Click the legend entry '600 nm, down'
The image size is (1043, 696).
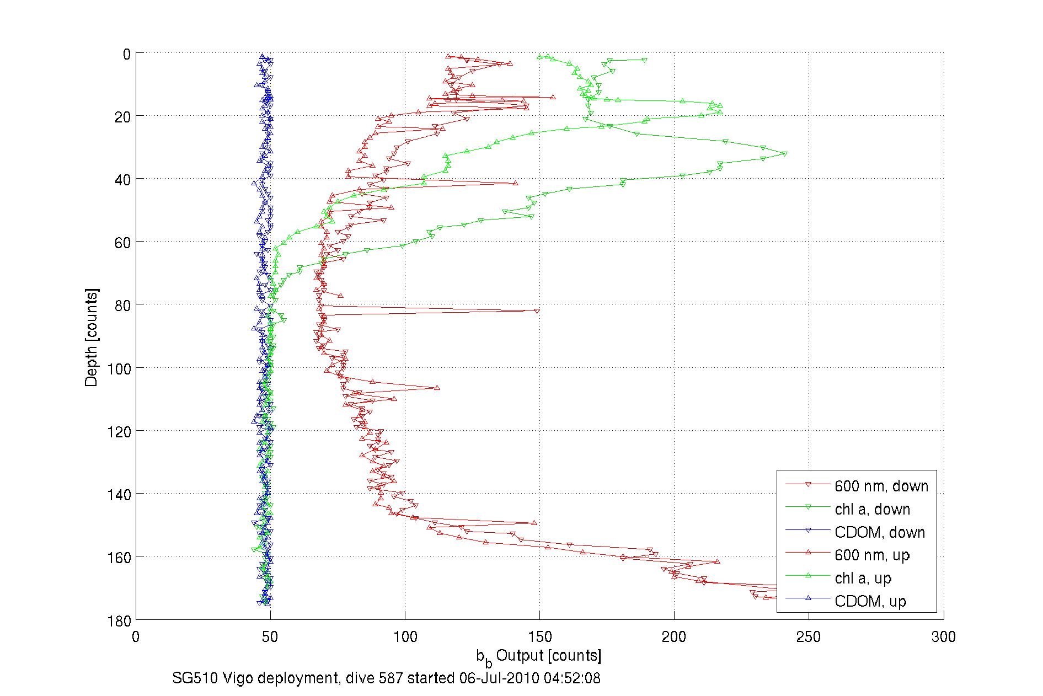coord(881,486)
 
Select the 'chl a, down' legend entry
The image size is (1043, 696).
coord(872,509)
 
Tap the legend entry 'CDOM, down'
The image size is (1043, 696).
coord(879,532)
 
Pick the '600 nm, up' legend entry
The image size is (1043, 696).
coord(871,555)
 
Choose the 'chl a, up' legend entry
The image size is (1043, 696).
coord(863,578)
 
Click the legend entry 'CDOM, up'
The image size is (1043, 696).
coord(870,601)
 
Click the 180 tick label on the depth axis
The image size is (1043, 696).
coord(119,620)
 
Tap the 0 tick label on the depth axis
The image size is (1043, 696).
coord(127,54)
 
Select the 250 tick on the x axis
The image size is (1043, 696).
coord(809,637)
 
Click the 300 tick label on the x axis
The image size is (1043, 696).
coord(943,637)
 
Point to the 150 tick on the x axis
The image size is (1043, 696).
coord(539,637)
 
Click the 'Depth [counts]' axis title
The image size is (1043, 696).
coord(92,337)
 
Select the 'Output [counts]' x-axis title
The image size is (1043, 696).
coord(548,655)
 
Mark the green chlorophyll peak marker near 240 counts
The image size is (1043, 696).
coord(784,154)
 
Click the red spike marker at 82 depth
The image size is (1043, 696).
coord(537,311)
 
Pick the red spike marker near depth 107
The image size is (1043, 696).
coord(437,388)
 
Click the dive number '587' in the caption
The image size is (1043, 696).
coord(391,678)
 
